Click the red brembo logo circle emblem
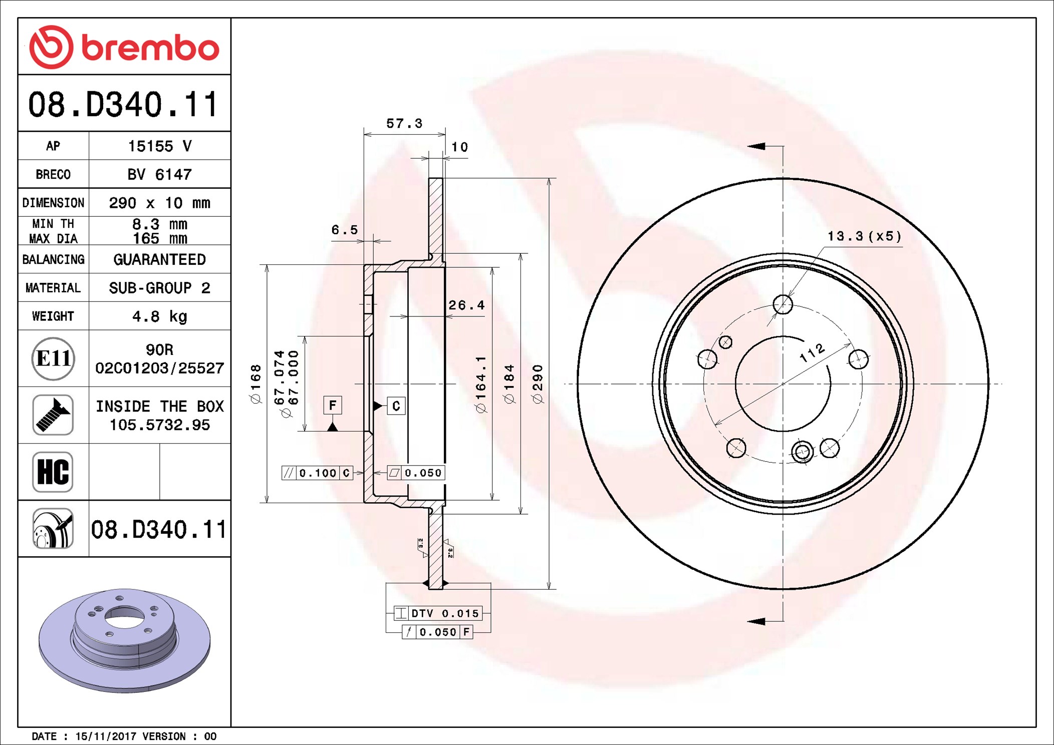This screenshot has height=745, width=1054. tap(51, 47)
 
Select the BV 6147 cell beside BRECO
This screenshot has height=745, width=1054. tap(159, 174)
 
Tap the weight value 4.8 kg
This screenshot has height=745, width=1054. tap(159, 316)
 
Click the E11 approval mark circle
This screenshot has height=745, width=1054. tap(53, 358)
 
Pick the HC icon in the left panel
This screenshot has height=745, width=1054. tap(53, 472)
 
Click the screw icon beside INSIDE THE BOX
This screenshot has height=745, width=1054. tap(53, 415)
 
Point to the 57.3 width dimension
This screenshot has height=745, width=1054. tap(404, 123)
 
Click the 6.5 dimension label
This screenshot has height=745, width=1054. tap(345, 230)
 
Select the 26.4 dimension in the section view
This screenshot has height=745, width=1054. tap(466, 305)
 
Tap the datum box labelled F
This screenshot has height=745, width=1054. tap(333, 405)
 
